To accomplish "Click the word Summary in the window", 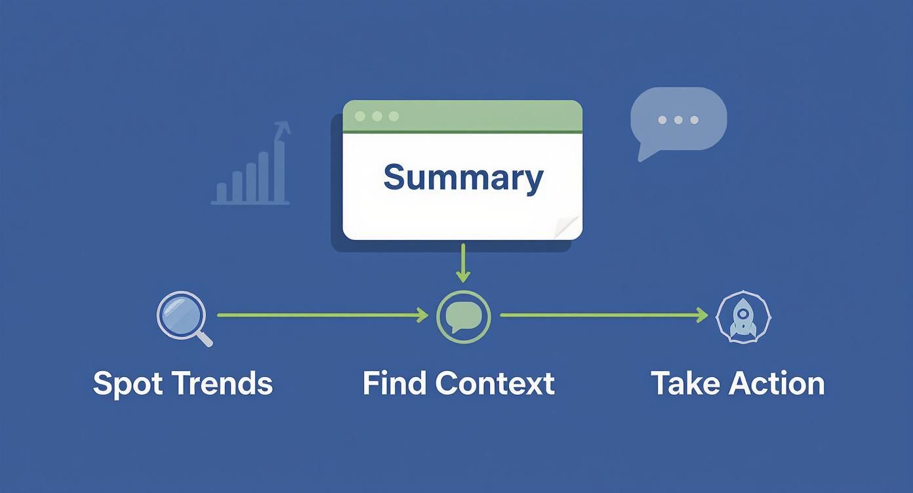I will (463, 178).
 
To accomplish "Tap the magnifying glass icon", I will (183, 317).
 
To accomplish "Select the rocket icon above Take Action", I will (743, 317).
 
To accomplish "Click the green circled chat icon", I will (463, 317).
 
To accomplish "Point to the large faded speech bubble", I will (678, 120).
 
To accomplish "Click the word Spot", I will (127, 384).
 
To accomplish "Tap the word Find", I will (395, 383).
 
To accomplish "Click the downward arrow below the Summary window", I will (463, 264).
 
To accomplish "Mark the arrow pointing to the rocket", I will (603, 315).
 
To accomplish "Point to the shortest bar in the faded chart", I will (222, 193).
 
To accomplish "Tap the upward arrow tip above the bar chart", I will (283, 125).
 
